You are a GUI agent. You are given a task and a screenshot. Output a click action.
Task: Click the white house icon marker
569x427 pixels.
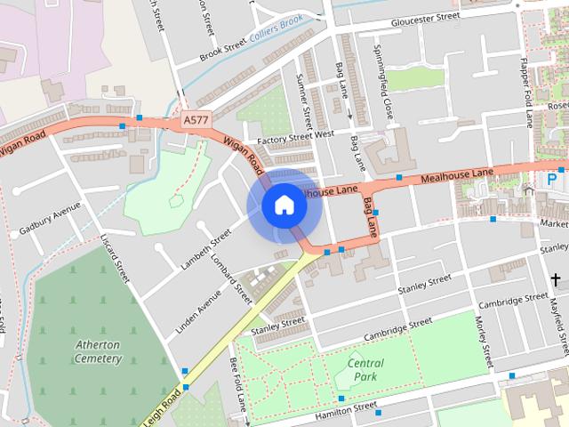tap(284, 205)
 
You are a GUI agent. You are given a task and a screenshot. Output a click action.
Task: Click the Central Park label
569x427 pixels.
tap(366, 369)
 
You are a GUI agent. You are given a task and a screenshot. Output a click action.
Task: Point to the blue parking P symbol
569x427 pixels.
tap(551, 179)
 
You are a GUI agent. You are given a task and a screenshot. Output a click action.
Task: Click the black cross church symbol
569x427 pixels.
tap(556, 280)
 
